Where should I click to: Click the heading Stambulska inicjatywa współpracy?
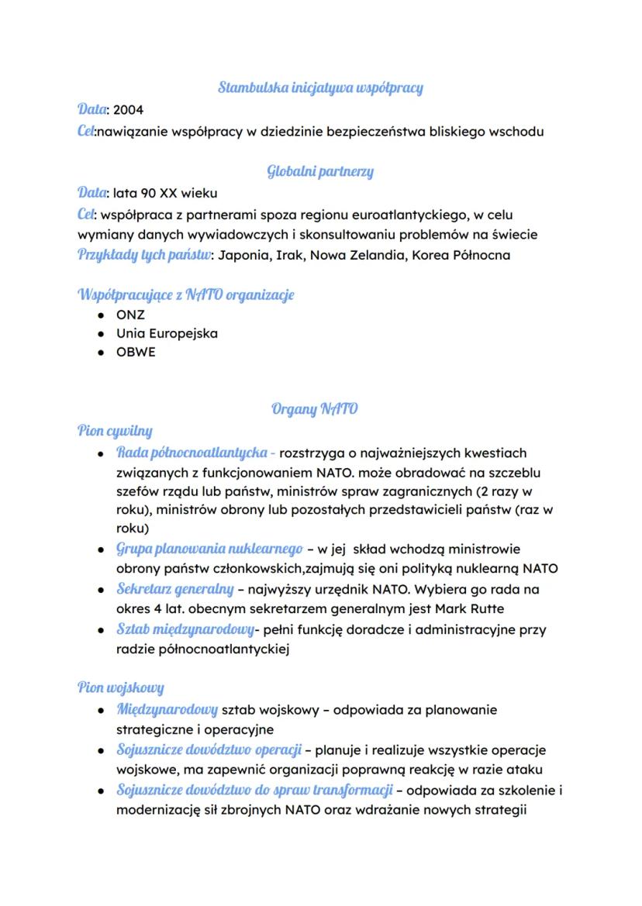click(x=320, y=88)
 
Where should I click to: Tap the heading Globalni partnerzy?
click(x=320, y=171)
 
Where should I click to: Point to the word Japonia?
click(x=243, y=255)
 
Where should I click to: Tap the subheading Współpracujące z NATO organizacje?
click(x=186, y=295)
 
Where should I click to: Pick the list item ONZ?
click(x=130, y=315)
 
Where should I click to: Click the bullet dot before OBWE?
click(x=102, y=353)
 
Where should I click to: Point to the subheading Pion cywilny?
click(x=115, y=430)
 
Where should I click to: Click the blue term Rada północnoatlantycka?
click(x=192, y=452)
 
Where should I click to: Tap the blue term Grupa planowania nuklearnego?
click(x=209, y=549)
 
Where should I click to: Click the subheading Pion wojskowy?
click(x=120, y=687)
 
